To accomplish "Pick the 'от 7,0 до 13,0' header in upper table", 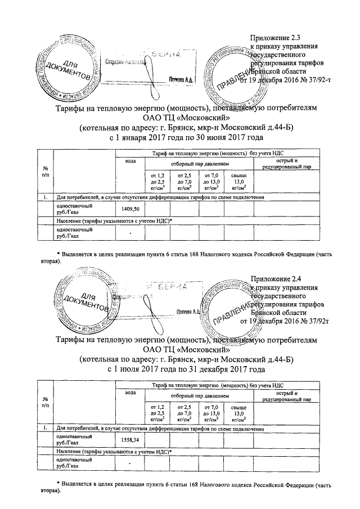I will pos(211,182).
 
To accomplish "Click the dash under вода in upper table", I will pos(130,233).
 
